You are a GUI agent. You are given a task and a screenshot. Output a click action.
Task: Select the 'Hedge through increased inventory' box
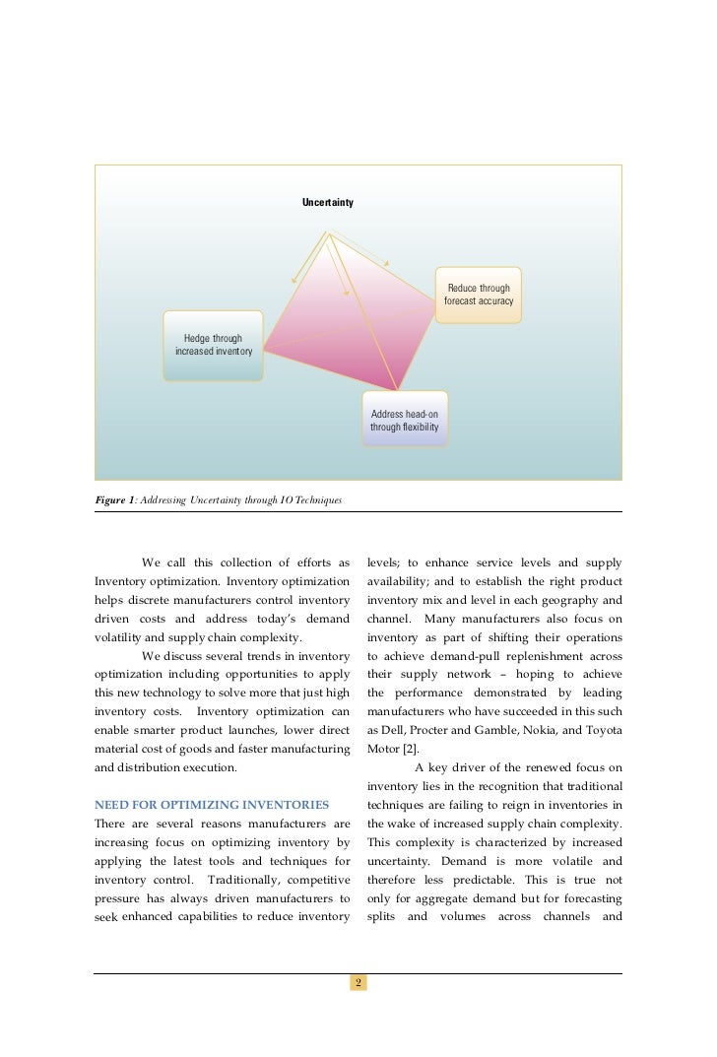coord(213,345)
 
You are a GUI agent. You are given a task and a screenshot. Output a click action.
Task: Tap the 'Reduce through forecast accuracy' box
coord(479,295)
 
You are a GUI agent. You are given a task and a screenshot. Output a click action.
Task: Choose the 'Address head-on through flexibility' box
coord(404,421)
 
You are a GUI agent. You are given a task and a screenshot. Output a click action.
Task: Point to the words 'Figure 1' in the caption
coord(114,500)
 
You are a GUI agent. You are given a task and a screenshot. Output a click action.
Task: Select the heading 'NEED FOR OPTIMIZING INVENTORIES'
coord(211,805)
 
